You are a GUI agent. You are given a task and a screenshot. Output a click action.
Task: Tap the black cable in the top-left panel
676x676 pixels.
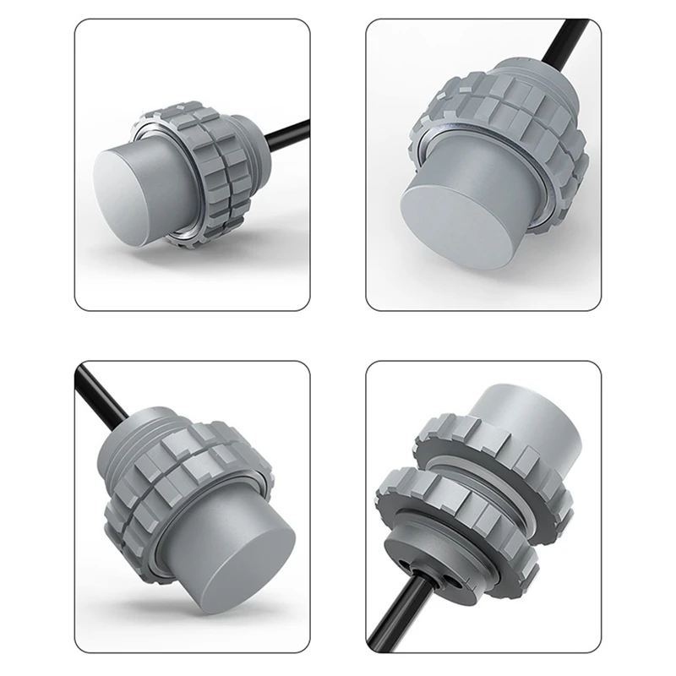pos(283,134)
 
